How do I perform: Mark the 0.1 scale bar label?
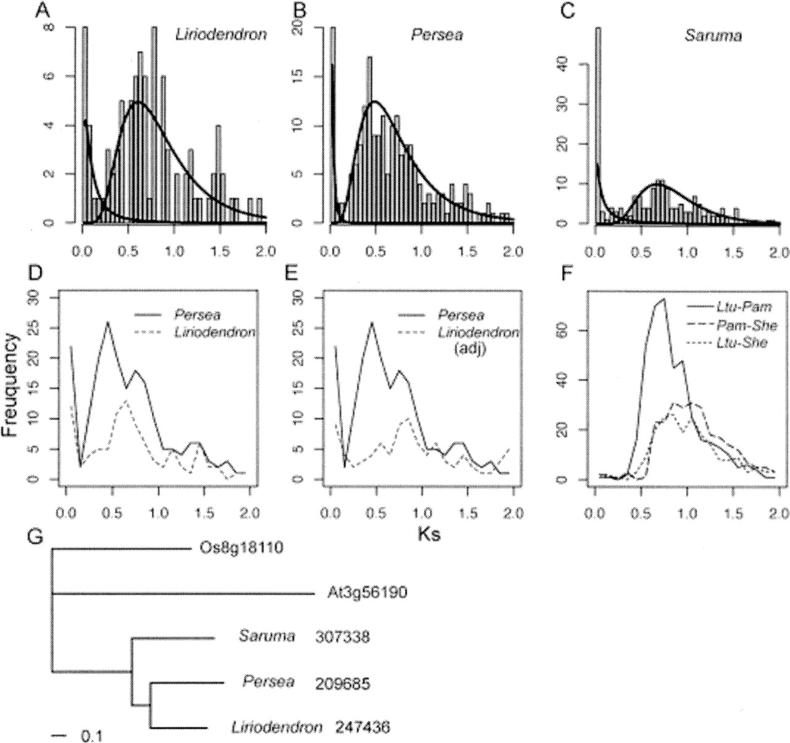(93, 736)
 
